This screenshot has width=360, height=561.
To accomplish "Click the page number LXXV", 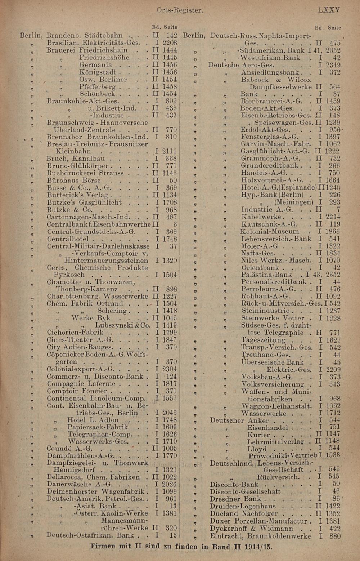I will click(x=329, y=10).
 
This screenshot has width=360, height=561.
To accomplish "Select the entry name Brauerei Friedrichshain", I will click(x=87, y=50).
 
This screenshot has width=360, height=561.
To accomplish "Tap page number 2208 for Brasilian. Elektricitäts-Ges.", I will click(x=169, y=43).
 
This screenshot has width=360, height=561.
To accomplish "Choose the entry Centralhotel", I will click(x=68, y=239).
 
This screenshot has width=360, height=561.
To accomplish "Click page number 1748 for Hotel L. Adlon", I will click(x=169, y=420).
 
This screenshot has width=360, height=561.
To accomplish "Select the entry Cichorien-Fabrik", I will click(x=75, y=332).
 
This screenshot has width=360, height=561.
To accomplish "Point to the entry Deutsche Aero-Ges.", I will click(x=241, y=65).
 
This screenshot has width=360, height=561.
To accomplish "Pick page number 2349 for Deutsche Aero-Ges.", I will click(x=333, y=65).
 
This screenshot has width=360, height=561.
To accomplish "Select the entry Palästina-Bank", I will click(x=266, y=275).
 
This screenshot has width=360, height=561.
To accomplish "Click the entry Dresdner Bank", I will click(x=235, y=499).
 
